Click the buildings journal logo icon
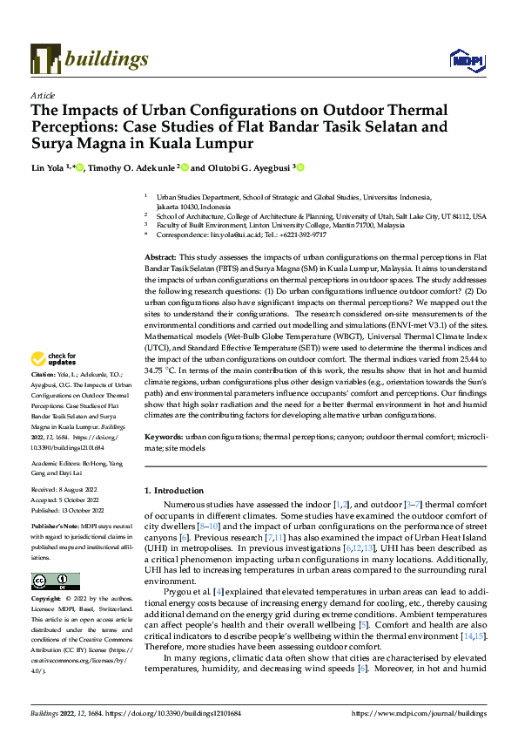[x=44, y=59]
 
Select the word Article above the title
[x=42, y=94]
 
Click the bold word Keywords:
[x=163, y=434]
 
